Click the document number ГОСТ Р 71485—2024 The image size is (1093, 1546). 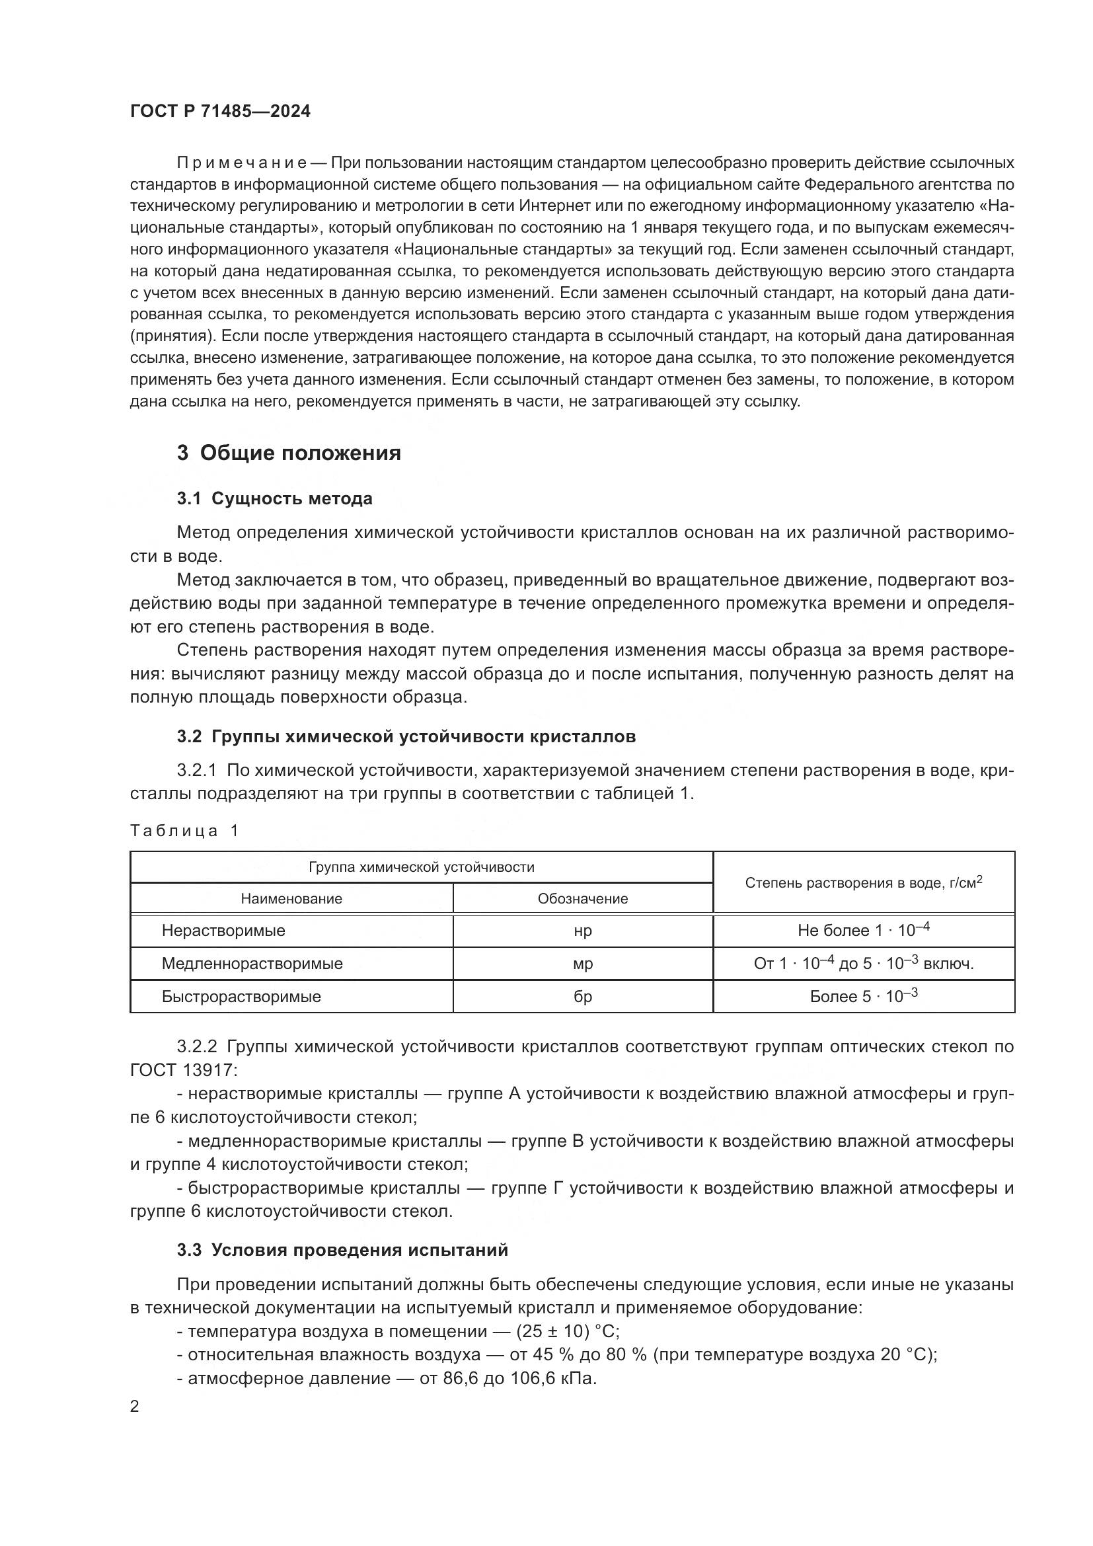220,111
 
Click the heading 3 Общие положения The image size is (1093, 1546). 289,453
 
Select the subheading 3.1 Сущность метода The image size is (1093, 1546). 275,498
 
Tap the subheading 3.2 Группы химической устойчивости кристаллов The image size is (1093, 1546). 406,736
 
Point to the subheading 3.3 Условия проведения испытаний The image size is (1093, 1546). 342,1251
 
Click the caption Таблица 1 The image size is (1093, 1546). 184,831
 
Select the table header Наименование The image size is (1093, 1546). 291,899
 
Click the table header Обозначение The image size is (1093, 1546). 582,899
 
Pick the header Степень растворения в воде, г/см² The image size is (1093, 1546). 864,883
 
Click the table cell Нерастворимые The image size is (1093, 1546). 223,931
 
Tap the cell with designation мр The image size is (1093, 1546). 582,964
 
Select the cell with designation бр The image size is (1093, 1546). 582,997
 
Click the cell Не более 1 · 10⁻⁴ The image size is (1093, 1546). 864,931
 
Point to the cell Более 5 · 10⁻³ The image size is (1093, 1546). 864,997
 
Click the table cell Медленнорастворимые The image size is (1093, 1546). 252,964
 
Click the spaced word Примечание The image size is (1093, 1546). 242,163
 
